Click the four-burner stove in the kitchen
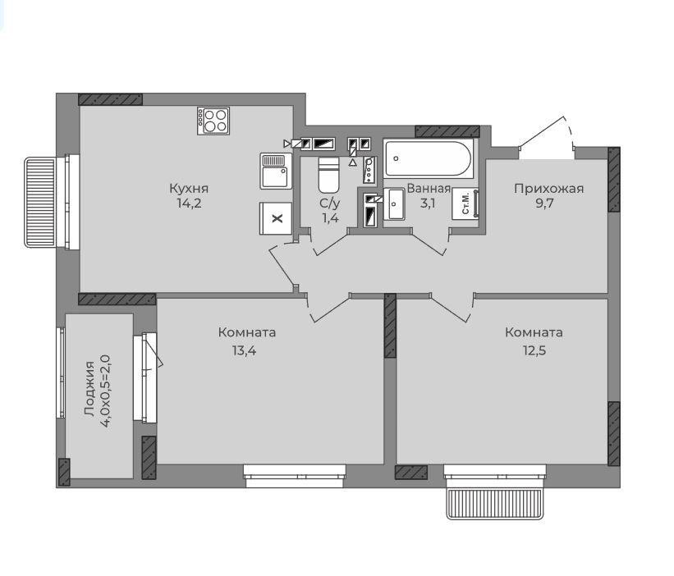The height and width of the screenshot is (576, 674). click(x=213, y=121)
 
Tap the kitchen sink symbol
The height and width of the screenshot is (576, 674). click(x=276, y=171)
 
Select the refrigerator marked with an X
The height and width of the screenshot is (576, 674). click(x=276, y=218)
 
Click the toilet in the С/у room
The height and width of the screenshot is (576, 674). click(x=328, y=175)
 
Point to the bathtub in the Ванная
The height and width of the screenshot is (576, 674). click(x=429, y=158)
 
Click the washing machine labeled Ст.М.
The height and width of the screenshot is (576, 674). click(x=465, y=204)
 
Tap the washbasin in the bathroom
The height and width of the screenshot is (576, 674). click(x=394, y=204)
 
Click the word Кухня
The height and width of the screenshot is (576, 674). click(x=189, y=189)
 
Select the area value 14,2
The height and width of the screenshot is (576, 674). click(x=189, y=203)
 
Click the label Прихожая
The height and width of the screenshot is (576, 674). click(x=549, y=189)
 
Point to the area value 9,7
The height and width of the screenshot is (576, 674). click(x=544, y=203)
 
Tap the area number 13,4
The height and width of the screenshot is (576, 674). click(x=244, y=350)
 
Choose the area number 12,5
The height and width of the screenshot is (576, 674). click(x=534, y=350)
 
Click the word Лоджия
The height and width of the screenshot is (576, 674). click(x=89, y=389)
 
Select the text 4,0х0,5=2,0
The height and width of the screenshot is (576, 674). click(x=105, y=391)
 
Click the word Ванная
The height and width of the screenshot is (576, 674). click(x=429, y=189)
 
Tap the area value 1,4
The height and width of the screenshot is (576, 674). click(x=331, y=218)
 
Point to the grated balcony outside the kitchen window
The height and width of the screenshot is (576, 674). click(x=40, y=203)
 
